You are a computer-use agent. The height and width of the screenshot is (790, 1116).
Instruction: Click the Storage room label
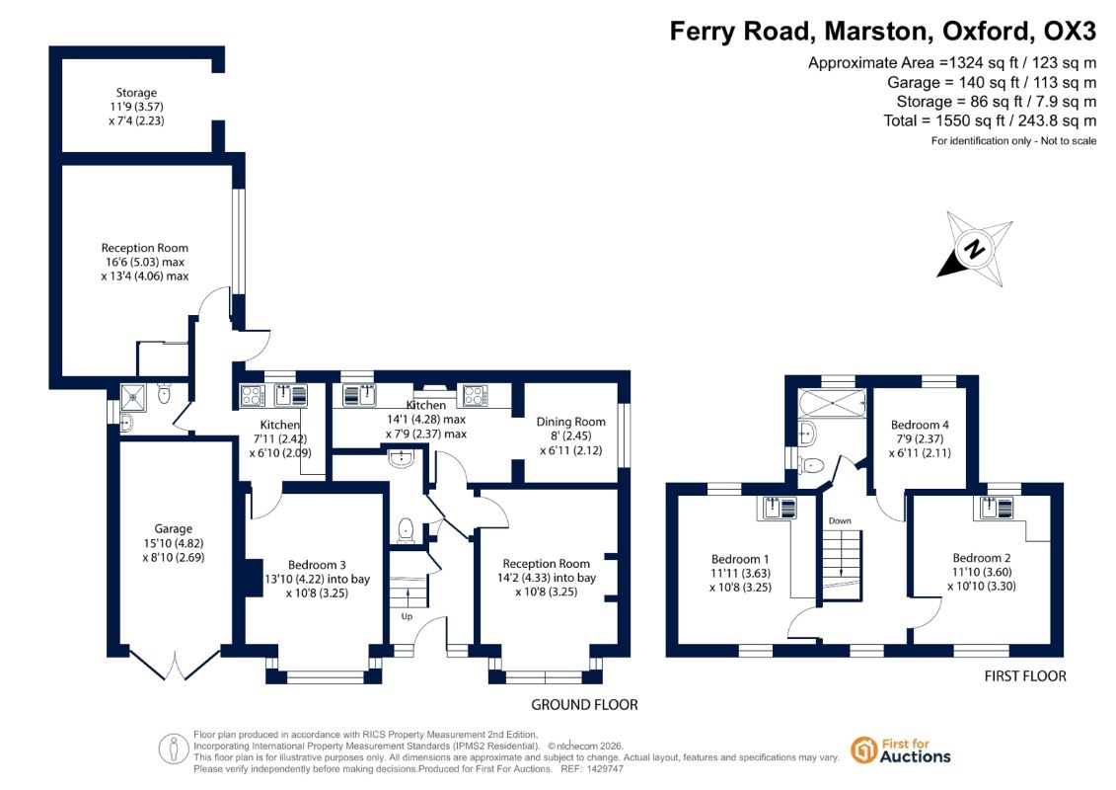pos(136,93)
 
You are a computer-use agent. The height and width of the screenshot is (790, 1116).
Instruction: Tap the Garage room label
pos(173,528)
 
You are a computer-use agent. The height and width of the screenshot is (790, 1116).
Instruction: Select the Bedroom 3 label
pos(317,565)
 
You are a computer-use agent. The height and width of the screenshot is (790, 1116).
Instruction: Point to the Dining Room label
pos(570,422)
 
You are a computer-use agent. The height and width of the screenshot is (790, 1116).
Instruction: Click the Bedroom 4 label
pos(920,425)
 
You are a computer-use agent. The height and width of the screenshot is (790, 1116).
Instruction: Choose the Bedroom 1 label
pos(740,559)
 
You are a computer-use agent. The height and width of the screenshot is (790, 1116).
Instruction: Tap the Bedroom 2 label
pos(982,558)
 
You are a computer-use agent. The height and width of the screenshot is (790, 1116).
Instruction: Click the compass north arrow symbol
pos(974,249)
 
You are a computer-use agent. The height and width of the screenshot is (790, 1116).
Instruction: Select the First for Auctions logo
pos(901,750)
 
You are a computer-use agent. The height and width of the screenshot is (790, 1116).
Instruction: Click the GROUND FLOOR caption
pos(584,704)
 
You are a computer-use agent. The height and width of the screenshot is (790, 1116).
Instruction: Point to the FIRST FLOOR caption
pos(1025,676)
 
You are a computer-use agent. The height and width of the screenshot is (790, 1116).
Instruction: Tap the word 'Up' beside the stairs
pos(407,616)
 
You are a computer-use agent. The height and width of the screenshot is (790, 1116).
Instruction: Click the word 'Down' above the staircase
pos(840,520)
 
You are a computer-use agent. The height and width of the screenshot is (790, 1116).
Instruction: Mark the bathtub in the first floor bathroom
pos(831,404)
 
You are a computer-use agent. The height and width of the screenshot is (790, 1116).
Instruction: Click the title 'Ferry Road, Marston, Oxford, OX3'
pos(882,32)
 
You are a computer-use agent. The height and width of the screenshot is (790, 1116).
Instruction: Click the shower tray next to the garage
pos(132,398)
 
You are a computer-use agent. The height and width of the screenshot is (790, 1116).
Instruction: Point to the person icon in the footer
pos(174,750)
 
